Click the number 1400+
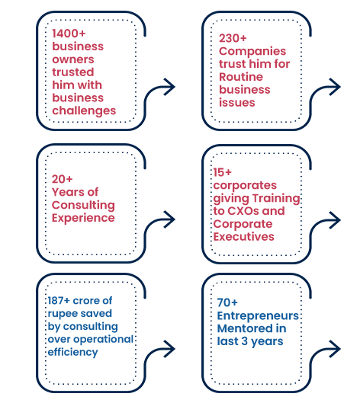point(69,34)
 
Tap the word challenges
point(84,111)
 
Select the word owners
point(73,59)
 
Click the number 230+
point(233,38)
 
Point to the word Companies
point(252,51)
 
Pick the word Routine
point(241,77)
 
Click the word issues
point(237,103)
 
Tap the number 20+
point(63,179)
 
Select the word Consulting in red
point(83,206)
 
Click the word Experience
point(83,218)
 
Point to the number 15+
point(222,172)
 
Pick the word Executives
point(244,237)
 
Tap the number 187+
point(59,301)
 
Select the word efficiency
point(72,353)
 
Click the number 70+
point(227,302)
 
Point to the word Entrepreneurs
point(258,316)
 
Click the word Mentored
point(241,328)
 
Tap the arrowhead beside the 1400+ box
point(170,87)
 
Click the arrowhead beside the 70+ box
point(336,349)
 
